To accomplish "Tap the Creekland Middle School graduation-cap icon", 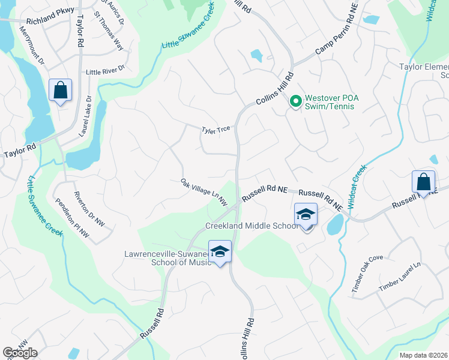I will point(306,214).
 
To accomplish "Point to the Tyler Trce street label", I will point(216,129).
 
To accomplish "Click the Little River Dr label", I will point(105,71).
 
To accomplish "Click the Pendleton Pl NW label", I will point(71,219).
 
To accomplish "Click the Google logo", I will point(20,353).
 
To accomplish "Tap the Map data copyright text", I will point(424,355).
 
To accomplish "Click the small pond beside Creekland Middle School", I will point(335,226).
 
